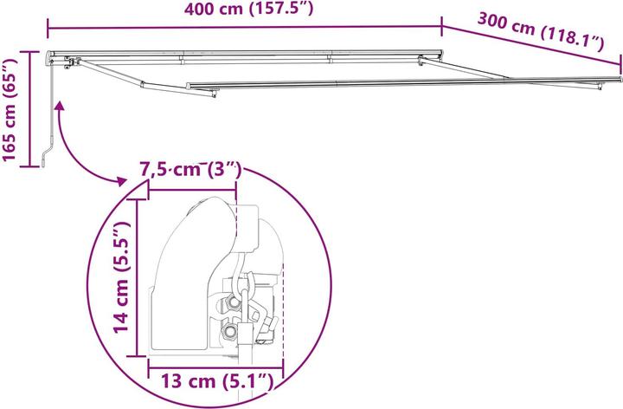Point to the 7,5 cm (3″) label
189,171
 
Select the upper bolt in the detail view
233,302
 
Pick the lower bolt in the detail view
229,333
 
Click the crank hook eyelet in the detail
247,282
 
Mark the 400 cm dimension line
244,29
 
